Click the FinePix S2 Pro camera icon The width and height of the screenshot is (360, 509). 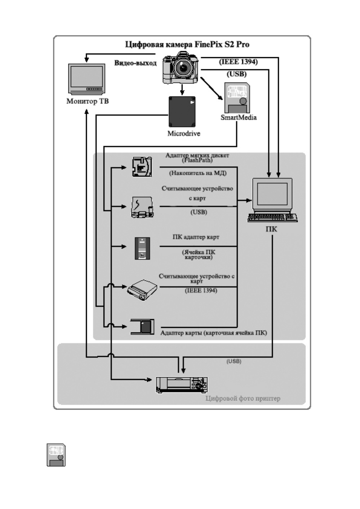pyautogui.click(x=181, y=68)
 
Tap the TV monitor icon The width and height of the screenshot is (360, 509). pyautogui.click(x=87, y=79)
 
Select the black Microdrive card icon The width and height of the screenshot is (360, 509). pyautogui.click(x=182, y=112)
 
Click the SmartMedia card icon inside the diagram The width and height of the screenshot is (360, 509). pyautogui.click(x=237, y=98)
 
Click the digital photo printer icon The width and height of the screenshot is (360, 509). pyautogui.click(x=182, y=384)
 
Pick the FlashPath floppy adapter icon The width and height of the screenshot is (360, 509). pyautogui.click(x=142, y=167)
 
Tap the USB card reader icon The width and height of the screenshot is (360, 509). pyautogui.click(x=142, y=207)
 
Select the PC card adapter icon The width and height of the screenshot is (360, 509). pyautogui.click(x=142, y=248)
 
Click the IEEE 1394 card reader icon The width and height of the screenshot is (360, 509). pyautogui.click(x=142, y=290)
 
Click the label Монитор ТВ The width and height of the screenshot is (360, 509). pyautogui.click(x=87, y=101)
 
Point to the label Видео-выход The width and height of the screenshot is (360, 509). pyautogui.click(x=135, y=63)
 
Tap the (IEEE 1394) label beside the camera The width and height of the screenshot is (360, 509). pyautogui.click(x=238, y=62)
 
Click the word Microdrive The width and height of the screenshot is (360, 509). pyautogui.click(x=184, y=134)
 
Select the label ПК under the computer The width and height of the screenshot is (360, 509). pyautogui.click(x=271, y=229)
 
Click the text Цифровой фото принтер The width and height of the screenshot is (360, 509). pyautogui.click(x=243, y=398)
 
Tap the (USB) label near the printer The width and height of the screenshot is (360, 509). pyautogui.click(x=234, y=361)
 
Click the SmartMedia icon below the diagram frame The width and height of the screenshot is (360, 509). pyautogui.click(x=56, y=455)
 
